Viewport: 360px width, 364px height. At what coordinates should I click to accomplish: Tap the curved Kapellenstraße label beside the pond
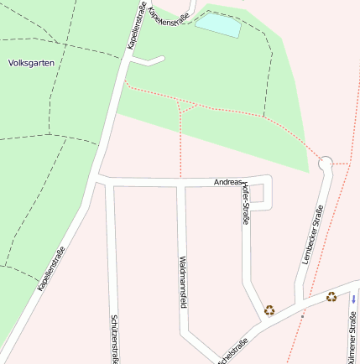[x=168, y=15]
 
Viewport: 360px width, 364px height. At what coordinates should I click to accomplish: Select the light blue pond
[x=217, y=25]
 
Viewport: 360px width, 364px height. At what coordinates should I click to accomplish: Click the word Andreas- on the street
[x=228, y=182]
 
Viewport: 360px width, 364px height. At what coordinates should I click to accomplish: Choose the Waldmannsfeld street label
[x=181, y=282]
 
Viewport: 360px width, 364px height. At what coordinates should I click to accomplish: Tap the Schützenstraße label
[x=114, y=339]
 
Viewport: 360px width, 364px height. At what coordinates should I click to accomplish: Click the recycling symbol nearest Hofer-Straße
[x=269, y=309]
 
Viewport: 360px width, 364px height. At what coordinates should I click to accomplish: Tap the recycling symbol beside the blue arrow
[x=331, y=296]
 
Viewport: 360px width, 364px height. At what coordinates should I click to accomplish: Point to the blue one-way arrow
[x=354, y=299]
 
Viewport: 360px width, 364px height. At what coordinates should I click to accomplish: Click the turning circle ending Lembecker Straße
[x=326, y=163]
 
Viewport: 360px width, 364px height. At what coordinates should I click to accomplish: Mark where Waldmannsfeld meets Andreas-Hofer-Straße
[x=180, y=182]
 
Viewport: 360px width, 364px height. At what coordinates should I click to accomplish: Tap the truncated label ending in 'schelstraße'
[x=233, y=351]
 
